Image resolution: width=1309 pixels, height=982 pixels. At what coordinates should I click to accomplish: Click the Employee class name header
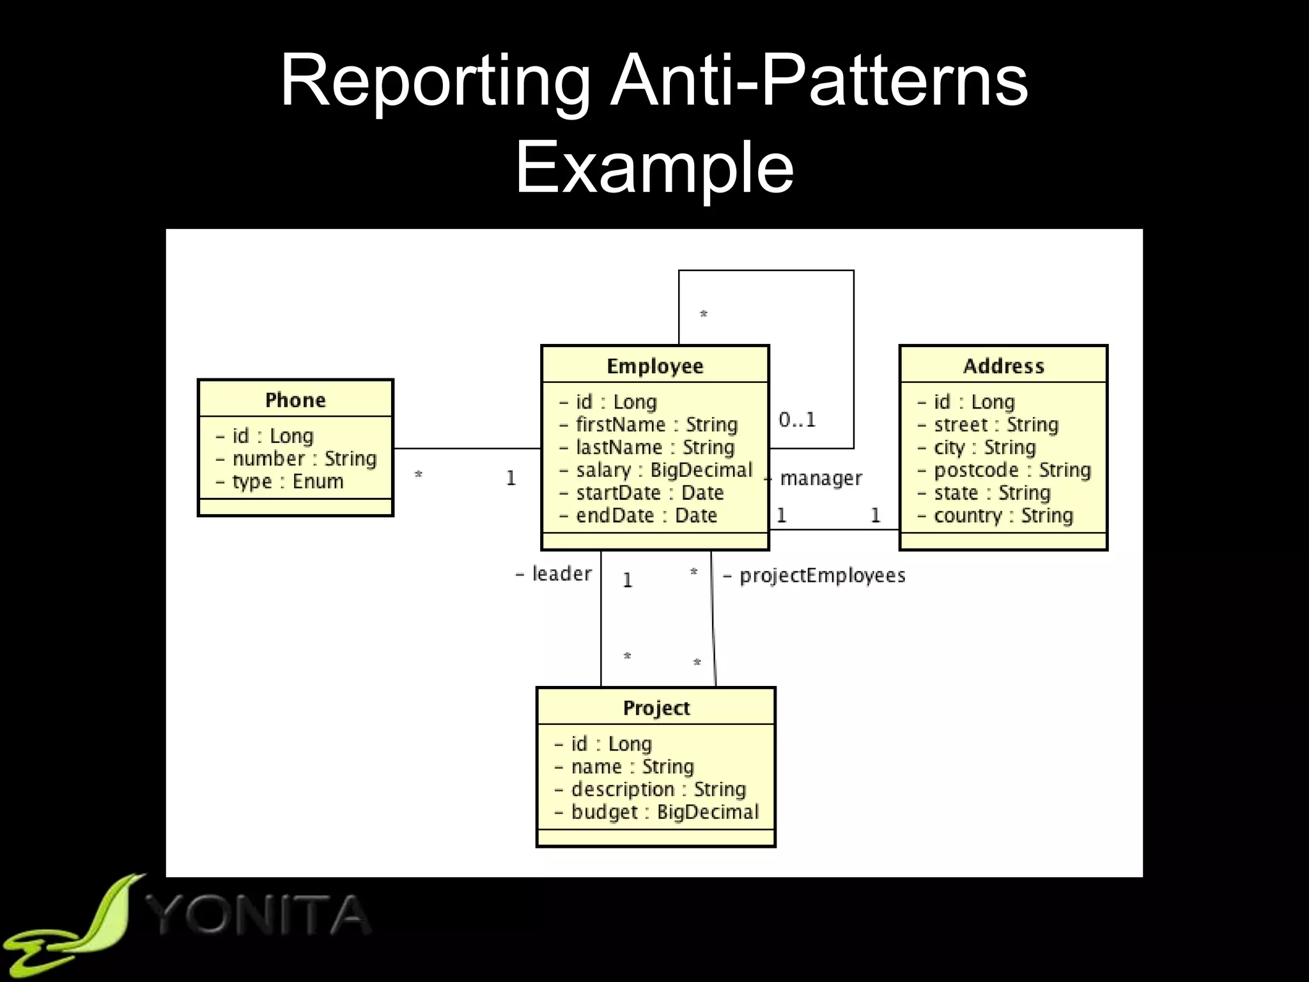(x=654, y=366)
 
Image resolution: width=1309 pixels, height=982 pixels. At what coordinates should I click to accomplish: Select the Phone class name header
(x=295, y=400)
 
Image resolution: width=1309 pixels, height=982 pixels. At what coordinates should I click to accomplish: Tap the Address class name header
(x=1003, y=366)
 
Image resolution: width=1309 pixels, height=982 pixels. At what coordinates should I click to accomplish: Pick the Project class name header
(x=656, y=708)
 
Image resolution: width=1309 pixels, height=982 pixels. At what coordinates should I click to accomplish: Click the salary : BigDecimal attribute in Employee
(x=664, y=470)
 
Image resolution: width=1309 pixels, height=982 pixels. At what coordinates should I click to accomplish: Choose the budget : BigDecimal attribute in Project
(x=665, y=812)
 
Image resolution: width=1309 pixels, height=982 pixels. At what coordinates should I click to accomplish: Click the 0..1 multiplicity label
(x=797, y=420)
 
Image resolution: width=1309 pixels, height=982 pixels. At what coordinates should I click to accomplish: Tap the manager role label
(x=821, y=478)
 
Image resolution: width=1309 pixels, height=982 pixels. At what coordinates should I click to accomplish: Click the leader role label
(x=561, y=574)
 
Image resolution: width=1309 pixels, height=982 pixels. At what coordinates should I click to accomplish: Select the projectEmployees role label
(x=822, y=575)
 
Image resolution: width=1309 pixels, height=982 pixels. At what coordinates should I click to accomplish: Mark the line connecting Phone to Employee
(x=467, y=449)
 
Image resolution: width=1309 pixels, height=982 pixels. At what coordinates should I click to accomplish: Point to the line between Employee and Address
(x=833, y=529)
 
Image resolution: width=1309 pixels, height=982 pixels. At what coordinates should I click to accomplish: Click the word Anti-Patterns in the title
(x=818, y=82)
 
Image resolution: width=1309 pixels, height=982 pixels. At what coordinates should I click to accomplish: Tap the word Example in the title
(x=654, y=168)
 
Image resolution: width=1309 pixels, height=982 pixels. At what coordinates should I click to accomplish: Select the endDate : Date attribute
(x=646, y=515)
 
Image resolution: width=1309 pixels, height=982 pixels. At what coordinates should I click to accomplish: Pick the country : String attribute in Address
(x=1003, y=515)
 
